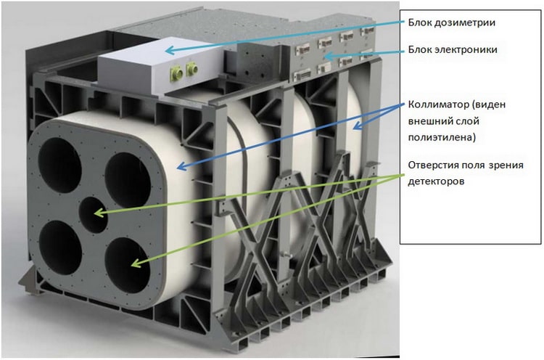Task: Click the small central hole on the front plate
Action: pyautogui.click(x=94, y=216)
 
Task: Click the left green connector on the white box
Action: pyautogui.click(x=176, y=73)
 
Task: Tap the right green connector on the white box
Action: pyautogui.click(x=191, y=69)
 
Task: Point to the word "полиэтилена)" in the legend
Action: pyautogui.click(x=442, y=138)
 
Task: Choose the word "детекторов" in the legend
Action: pyautogui.click(x=436, y=181)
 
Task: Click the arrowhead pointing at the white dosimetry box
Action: pyautogui.click(x=170, y=50)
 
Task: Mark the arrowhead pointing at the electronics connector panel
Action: pyautogui.click(x=328, y=56)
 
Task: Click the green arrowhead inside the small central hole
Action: pyautogui.click(x=99, y=213)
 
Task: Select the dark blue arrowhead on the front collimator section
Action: pyautogui.click(x=182, y=166)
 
